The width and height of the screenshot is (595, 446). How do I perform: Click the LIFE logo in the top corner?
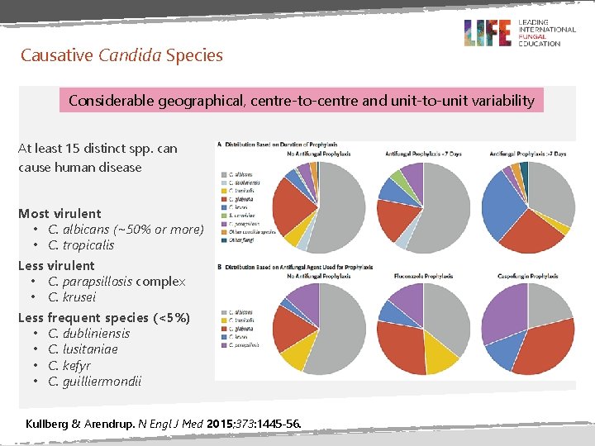click(488, 32)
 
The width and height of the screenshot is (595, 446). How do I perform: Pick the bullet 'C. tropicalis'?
click(81, 245)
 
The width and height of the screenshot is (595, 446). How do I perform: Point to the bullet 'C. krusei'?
click(72, 297)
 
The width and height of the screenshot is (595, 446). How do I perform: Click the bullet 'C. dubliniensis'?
click(88, 334)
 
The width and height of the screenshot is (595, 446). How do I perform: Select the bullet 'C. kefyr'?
click(69, 365)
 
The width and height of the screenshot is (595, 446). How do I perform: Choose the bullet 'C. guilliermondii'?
click(94, 382)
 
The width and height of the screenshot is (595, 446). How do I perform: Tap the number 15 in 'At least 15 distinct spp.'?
click(79, 149)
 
